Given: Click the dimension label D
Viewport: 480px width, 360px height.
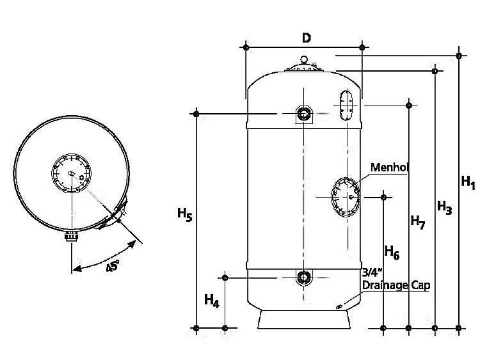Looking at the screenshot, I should tap(307, 38).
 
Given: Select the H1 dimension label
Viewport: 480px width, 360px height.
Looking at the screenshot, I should tap(468, 183).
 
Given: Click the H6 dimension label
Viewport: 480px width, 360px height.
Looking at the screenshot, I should tap(392, 254).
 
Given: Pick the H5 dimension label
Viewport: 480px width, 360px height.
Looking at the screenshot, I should tap(184, 216).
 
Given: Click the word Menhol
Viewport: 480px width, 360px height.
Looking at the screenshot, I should tap(390, 168).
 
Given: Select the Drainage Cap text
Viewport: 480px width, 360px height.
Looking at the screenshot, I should tap(396, 285).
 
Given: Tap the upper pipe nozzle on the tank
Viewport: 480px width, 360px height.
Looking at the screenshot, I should tap(303, 114).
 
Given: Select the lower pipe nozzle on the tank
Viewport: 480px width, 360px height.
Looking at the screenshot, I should tap(303, 278).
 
